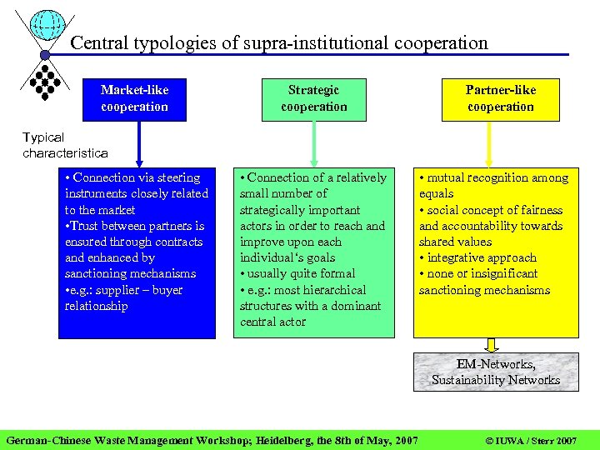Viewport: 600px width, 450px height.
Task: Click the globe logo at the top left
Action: tap(47, 29)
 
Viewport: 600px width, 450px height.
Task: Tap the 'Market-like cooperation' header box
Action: tap(134, 98)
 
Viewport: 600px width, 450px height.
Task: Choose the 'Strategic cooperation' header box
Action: tap(313, 98)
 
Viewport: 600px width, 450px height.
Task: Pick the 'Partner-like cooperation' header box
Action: tap(500, 98)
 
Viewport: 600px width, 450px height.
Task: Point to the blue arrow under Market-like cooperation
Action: tap(138, 143)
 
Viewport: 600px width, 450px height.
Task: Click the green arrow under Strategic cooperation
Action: tap(314, 143)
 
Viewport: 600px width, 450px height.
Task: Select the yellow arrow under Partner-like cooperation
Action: tap(489, 143)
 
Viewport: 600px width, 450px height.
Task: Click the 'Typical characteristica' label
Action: tap(65, 145)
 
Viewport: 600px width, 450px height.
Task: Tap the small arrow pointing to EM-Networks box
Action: tap(492, 345)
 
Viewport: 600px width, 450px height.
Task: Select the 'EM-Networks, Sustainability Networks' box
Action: tap(495, 372)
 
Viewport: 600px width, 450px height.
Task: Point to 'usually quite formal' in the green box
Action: tap(301, 273)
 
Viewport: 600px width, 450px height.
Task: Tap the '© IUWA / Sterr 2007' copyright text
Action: tap(531, 440)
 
